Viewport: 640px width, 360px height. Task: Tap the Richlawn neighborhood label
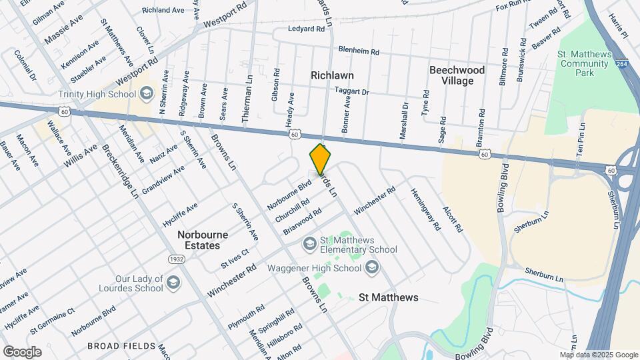(x=332, y=75)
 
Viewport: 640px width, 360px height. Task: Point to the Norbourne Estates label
(x=203, y=240)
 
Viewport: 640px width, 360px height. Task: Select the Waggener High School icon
(x=372, y=268)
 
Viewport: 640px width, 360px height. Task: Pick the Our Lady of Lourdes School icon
(x=173, y=282)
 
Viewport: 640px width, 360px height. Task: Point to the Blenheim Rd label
(x=359, y=51)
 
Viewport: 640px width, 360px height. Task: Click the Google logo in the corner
(x=22, y=351)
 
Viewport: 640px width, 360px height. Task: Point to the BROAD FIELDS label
(x=121, y=346)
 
